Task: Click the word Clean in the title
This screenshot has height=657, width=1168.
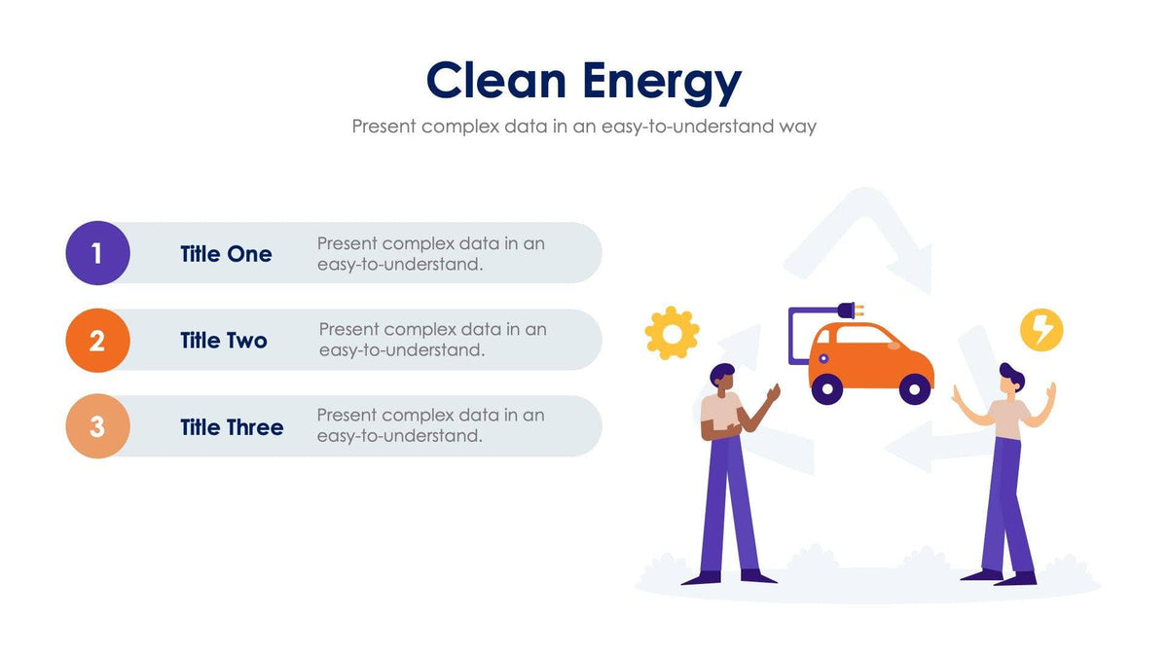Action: (x=497, y=81)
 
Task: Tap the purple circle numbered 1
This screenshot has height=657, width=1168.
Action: (x=97, y=253)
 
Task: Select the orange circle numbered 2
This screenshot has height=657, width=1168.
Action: (x=97, y=341)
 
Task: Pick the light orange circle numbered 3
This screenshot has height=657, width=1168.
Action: (x=97, y=426)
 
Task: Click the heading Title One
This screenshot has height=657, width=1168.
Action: (x=226, y=254)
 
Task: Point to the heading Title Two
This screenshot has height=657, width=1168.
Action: (x=224, y=341)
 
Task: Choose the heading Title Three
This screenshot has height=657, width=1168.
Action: (x=232, y=427)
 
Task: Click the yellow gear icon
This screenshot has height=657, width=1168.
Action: (x=672, y=333)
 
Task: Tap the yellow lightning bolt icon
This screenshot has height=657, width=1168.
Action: (x=1041, y=330)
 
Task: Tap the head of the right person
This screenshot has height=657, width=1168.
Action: (x=1010, y=379)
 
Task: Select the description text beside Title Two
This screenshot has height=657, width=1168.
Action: (x=432, y=340)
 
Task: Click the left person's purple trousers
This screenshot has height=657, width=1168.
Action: (x=728, y=506)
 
